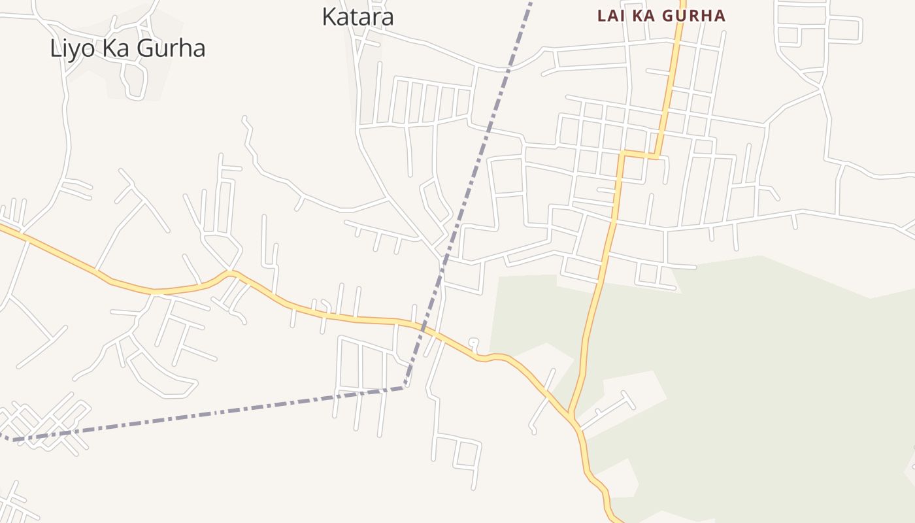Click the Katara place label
[x=358, y=17]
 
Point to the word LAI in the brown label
[x=612, y=16]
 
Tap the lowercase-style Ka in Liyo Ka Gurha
[x=115, y=48]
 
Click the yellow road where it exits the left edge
[x=2, y=227]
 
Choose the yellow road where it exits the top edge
[x=682, y=2]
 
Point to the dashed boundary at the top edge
[x=530, y=2]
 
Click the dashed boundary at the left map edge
[x=2, y=435]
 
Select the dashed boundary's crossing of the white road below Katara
[x=509, y=67]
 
